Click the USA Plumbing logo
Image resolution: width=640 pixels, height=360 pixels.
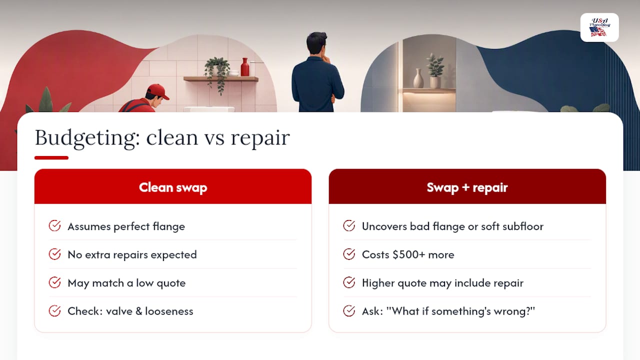[x=599, y=27]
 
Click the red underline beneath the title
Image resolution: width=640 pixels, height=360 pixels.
[x=51, y=157]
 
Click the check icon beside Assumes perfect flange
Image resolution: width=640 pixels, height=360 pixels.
[x=54, y=225]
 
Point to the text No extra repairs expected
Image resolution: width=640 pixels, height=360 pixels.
[x=132, y=254]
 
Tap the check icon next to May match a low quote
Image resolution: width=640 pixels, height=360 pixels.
[x=54, y=282]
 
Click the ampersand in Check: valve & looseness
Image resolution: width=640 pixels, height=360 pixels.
[x=139, y=311]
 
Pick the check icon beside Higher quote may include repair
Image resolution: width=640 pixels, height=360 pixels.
[x=349, y=282]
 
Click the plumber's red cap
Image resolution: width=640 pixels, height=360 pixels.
[x=157, y=91]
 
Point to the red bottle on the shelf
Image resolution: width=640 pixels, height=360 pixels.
[x=245, y=67]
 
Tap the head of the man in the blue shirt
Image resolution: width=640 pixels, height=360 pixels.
[x=317, y=43]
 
